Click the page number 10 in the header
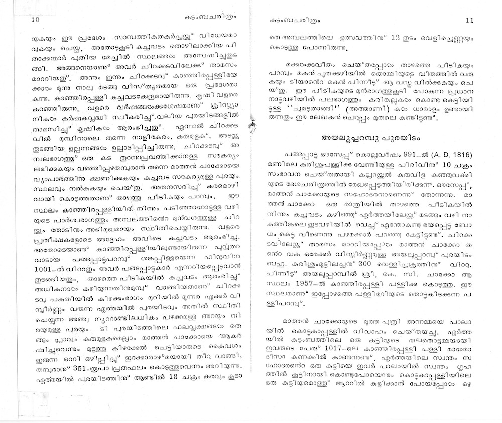pyautogui.click(x=35, y=20)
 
